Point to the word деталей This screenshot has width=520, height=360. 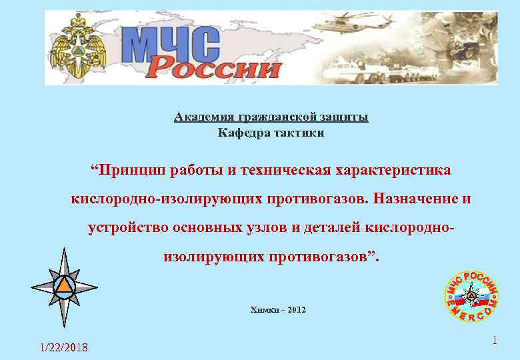(330, 228)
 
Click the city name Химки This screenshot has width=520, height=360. (262, 310)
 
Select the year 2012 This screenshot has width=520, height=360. (297, 310)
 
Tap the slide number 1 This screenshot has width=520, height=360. (495, 341)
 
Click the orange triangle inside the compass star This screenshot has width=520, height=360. (64, 285)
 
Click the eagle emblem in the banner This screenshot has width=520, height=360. (77, 48)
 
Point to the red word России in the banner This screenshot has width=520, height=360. (213, 67)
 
